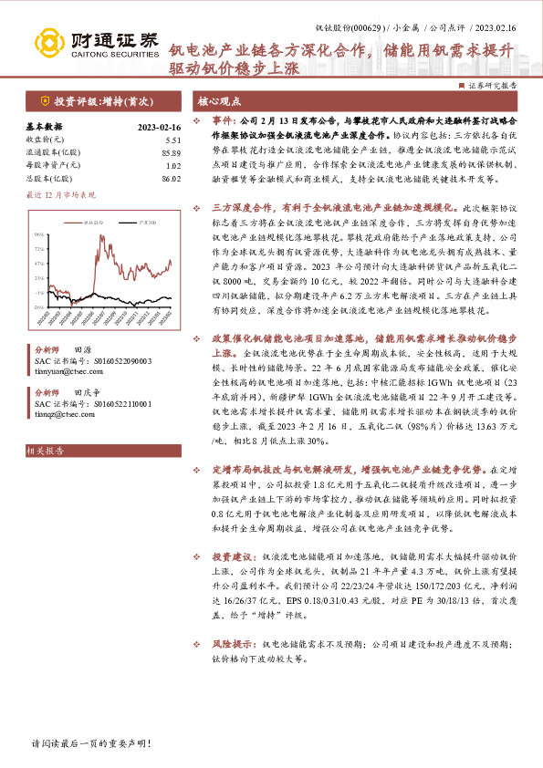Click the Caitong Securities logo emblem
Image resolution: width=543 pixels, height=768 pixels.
[x=46, y=40]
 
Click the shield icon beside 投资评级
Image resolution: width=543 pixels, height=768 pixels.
[x=44, y=100]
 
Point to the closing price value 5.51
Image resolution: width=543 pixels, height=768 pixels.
[x=149, y=139]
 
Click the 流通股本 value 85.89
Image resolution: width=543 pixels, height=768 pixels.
[x=146, y=152]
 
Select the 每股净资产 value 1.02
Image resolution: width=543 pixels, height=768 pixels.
[x=149, y=165]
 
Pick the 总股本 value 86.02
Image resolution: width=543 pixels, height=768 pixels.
[x=146, y=179]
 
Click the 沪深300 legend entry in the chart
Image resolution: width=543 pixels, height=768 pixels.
[x=135, y=221]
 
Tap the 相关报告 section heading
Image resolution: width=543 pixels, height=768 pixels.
[x=44, y=449]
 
